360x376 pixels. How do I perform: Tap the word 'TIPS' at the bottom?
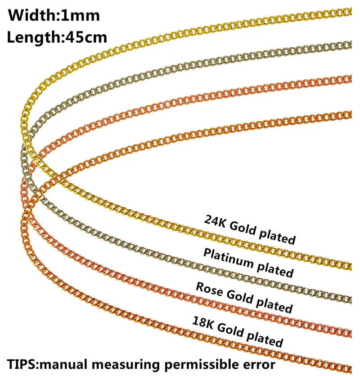[x=21, y=362]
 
